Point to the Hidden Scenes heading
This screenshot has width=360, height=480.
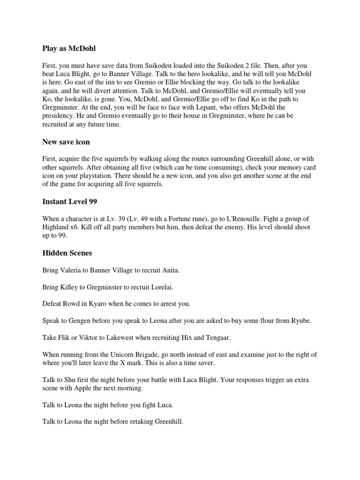[x=67, y=253]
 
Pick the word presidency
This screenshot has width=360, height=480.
[x=59, y=115]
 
